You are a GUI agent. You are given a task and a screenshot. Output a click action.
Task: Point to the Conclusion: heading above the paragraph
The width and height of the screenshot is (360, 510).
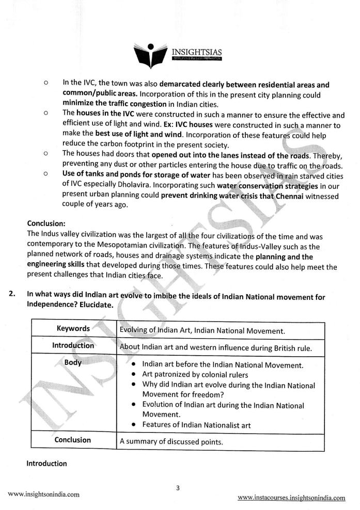(x=46, y=224)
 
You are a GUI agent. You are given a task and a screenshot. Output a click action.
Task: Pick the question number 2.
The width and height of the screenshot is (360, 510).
(x=11, y=295)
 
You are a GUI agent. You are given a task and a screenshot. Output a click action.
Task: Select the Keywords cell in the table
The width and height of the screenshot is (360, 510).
(x=73, y=329)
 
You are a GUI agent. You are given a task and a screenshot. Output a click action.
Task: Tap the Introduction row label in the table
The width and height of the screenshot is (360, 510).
(x=73, y=346)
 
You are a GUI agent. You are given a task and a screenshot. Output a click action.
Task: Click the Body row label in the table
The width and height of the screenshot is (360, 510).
(x=73, y=362)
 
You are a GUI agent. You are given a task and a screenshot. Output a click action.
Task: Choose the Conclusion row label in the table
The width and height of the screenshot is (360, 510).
(x=73, y=440)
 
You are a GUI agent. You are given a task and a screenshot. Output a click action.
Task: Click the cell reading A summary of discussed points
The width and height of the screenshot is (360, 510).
(x=170, y=441)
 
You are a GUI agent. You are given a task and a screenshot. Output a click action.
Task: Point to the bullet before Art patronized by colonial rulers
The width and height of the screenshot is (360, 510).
(x=134, y=374)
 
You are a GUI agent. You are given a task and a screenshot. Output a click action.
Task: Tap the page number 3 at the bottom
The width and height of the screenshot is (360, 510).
(x=177, y=487)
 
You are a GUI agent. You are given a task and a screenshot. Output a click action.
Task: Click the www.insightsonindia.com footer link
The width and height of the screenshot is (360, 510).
(x=44, y=494)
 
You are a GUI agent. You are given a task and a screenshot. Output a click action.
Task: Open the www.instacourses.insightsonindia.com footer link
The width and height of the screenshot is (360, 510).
(x=291, y=498)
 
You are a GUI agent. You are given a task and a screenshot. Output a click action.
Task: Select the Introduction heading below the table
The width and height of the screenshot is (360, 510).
(x=46, y=464)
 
